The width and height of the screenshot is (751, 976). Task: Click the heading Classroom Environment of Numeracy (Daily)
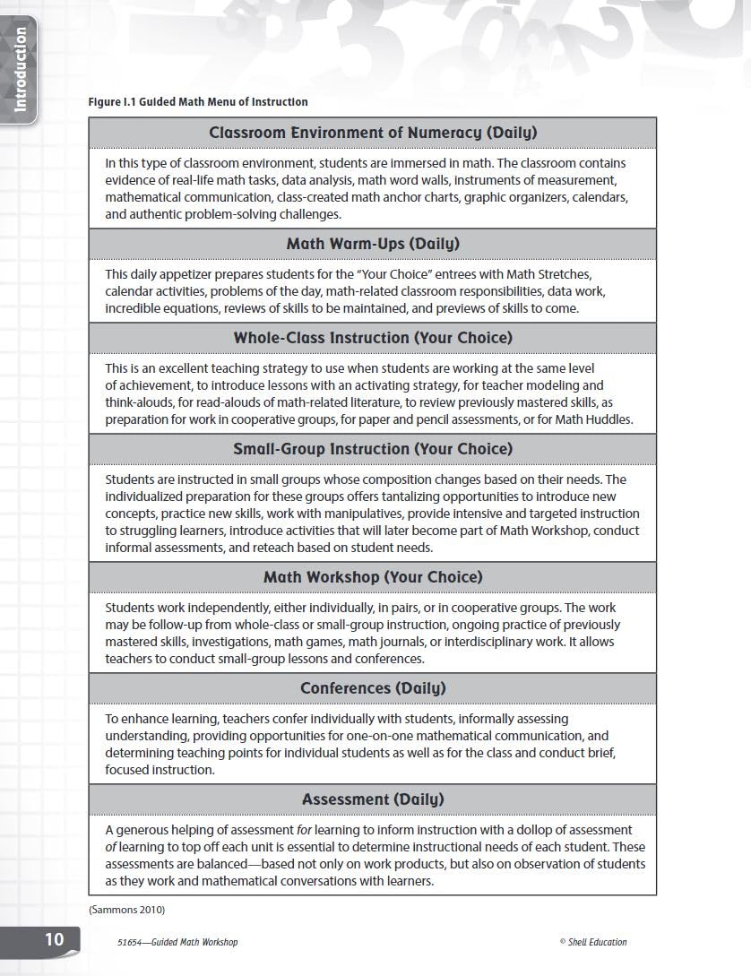pyautogui.click(x=373, y=133)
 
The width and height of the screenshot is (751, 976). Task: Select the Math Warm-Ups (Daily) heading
pyautogui.click(x=373, y=244)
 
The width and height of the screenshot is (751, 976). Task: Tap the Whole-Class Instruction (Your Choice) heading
pyautogui.click(x=373, y=338)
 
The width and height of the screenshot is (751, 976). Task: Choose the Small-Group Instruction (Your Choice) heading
pyautogui.click(x=373, y=449)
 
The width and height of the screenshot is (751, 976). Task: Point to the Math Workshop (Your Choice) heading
pyautogui.click(x=373, y=577)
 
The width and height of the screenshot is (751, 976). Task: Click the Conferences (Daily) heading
pyautogui.click(x=373, y=688)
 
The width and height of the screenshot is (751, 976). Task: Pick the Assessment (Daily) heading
pyautogui.click(x=373, y=799)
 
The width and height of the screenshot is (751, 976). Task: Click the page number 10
pyautogui.click(x=55, y=939)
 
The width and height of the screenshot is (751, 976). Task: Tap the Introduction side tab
pyautogui.click(x=21, y=70)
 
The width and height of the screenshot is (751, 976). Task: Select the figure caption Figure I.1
pyautogui.click(x=197, y=102)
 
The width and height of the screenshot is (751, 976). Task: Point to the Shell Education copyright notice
pyautogui.click(x=592, y=942)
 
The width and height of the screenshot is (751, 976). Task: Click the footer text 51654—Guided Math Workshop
pyautogui.click(x=177, y=942)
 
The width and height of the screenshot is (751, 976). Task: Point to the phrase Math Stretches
pyautogui.click(x=549, y=274)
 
